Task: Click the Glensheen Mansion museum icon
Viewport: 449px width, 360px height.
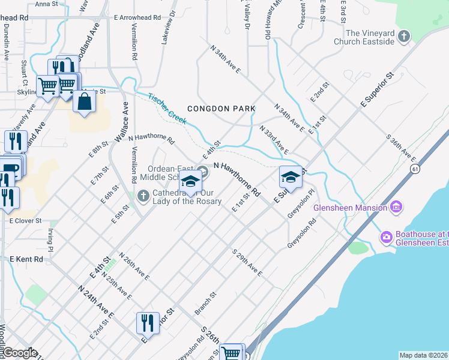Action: (x=396, y=208)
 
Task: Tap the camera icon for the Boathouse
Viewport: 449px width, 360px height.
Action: (x=386, y=238)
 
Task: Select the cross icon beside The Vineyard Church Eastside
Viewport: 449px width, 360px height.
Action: (x=404, y=37)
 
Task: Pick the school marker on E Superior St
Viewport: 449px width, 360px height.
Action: (x=291, y=177)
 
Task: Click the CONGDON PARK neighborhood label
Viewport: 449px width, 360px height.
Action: (x=221, y=109)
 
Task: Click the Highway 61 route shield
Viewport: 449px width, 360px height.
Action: (x=415, y=170)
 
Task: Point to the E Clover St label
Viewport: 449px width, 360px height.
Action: (x=25, y=221)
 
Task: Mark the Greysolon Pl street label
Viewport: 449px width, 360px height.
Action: (x=301, y=203)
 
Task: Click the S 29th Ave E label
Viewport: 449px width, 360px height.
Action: (x=247, y=262)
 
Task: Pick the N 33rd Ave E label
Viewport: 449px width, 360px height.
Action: (x=274, y=140)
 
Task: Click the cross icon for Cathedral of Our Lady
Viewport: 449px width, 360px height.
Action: (x=143, y=196)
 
